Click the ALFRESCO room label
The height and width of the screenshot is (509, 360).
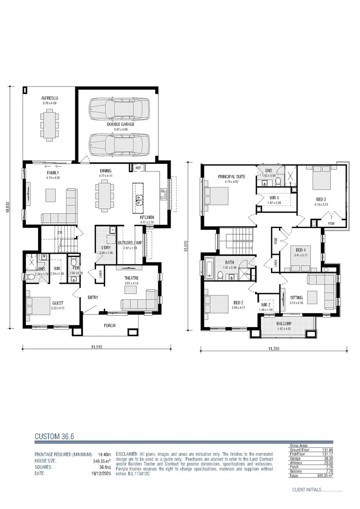(x=49, y=99)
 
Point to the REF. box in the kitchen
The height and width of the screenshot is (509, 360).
(x=139, y=168)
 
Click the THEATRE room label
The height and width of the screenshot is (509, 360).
(x=131, y=279)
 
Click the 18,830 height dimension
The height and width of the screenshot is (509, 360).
(x=8, y=208)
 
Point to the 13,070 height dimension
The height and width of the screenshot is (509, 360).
(x=189, y=246)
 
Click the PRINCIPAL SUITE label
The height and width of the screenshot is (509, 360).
(x=229, y=177)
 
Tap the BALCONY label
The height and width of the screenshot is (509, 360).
(x=284, y=323)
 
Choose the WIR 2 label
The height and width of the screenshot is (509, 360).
(x=266, y=305)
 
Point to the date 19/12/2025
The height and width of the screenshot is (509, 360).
(x=100, y=473)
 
